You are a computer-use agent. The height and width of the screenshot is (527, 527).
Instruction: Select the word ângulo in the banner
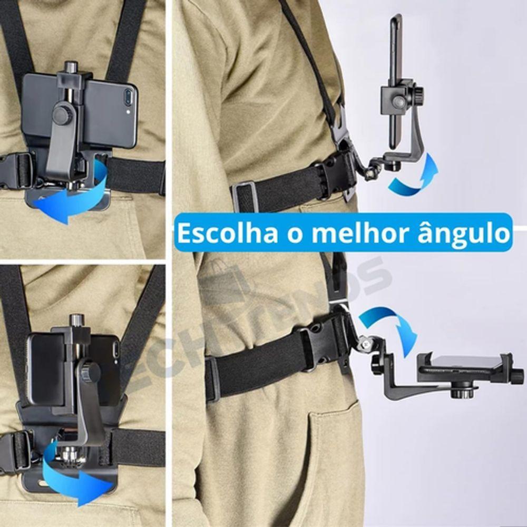[x=470, y=232]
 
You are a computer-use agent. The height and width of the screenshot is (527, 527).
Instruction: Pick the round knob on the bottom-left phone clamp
[x=90, y=372]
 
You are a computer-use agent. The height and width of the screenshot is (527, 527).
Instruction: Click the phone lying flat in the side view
[x=464, y=364]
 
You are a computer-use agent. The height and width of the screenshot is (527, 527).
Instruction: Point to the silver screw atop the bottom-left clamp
[x=77, y=320]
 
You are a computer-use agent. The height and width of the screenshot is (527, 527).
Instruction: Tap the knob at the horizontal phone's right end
[x=519, y=375]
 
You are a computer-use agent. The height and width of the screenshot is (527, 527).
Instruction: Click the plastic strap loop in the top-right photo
[x=245, y=196]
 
